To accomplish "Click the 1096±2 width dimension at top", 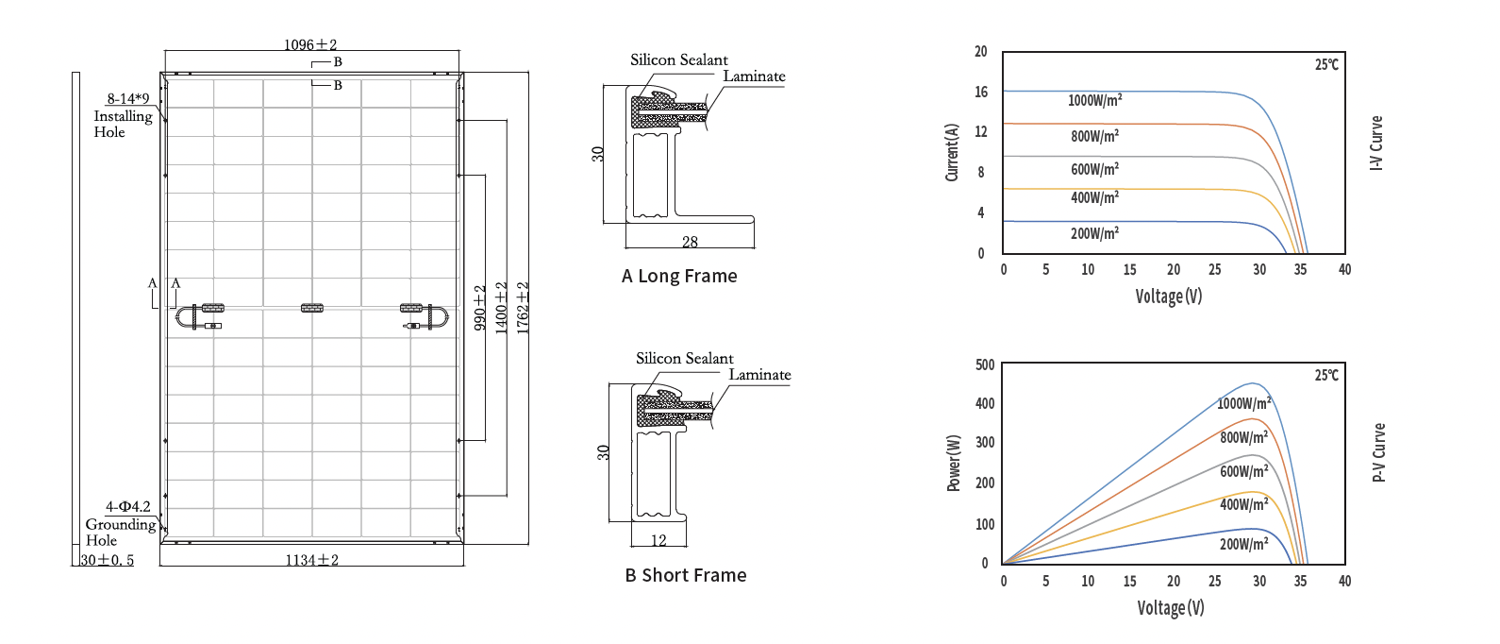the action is (x=310, y=44).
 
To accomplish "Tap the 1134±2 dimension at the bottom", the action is (x=312, y=560).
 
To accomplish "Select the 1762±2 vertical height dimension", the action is (x=523, y=308).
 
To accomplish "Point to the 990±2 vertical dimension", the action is (x=480, y=308).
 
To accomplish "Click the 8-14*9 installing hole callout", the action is (x=128, y=98).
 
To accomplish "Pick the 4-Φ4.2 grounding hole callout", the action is (x=128, y=507).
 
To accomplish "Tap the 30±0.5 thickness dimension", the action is (x=108, y=560).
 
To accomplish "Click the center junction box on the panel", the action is (x=312, y=308).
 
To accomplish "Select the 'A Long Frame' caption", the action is (x=679, y=276).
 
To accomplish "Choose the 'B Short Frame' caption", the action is (x=686, y=575).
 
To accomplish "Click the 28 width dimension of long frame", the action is (x=690, y=241).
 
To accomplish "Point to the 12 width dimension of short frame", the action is (x=658, y=540).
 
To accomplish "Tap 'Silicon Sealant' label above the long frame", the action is (x=679, y=59).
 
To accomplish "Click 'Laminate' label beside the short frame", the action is (x=760, y=375).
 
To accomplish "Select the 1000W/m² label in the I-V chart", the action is (x=1095, y=100).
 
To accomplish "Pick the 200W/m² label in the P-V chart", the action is (x=1244, y=544).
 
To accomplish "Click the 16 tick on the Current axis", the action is (x=981, y=92).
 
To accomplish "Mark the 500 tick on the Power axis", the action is (x=985, y=364).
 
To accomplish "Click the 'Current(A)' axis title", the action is (x=952, y=152).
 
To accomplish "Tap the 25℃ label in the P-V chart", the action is (x=1326, y=375).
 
